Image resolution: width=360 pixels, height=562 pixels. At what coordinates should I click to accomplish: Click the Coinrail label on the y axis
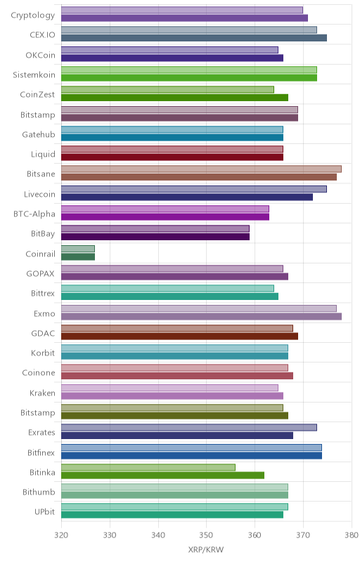41,254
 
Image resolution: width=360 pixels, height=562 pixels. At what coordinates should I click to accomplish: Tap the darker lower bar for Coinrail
78,256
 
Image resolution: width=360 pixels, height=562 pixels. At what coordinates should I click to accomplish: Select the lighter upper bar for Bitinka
148,467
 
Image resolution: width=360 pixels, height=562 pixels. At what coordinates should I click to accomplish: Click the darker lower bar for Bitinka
163,476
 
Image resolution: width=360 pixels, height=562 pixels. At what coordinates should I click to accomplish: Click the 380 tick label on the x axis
352,535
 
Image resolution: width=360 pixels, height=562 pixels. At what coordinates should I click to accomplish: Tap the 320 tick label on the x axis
61,535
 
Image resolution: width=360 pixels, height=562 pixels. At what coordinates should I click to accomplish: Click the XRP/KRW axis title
206,550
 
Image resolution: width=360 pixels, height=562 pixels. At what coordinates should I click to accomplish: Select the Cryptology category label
33,15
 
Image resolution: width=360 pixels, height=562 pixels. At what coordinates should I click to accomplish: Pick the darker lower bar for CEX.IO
194,38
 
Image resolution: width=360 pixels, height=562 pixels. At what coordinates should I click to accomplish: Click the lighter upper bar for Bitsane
202,169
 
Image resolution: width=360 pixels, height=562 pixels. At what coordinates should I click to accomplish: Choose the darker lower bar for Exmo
202,316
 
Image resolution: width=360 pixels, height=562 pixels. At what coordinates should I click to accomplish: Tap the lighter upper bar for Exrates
189,428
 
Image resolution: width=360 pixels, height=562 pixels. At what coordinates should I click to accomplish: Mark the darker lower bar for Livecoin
187,197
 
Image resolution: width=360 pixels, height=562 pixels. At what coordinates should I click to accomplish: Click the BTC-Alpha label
34,214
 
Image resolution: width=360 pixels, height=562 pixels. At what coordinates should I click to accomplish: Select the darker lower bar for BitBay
155,237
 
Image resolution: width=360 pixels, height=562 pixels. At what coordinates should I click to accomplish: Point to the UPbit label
44,512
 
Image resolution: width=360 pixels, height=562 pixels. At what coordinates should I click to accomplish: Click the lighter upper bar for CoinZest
168,90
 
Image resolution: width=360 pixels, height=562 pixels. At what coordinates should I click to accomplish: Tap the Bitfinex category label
41,452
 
